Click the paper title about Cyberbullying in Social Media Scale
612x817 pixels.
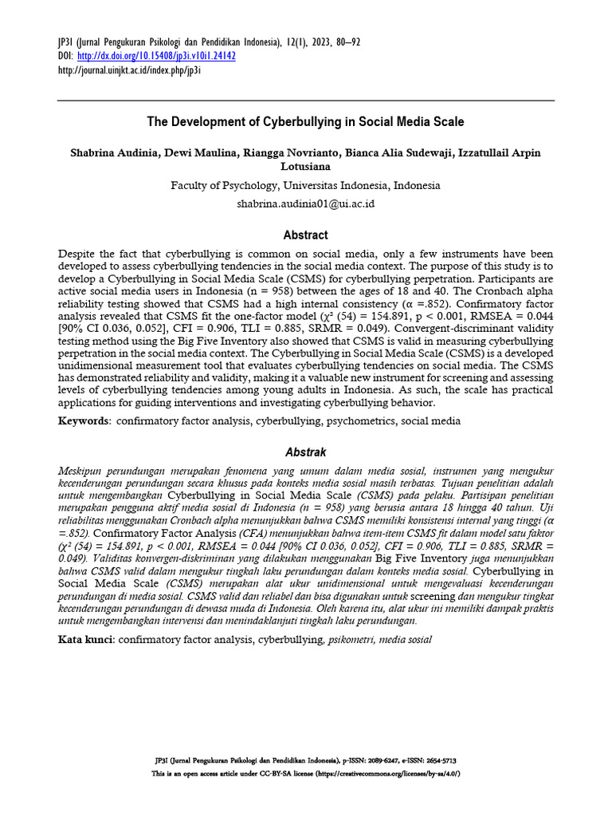[x=305, y=123]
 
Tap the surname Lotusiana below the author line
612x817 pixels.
[x=305, y=167]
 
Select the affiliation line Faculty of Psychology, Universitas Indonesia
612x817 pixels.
[x=305, y=185]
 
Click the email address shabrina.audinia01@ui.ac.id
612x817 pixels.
[x=305, y=203]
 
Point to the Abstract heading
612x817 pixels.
[x=305, y=235]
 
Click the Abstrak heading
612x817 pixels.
[x=305, y=452]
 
